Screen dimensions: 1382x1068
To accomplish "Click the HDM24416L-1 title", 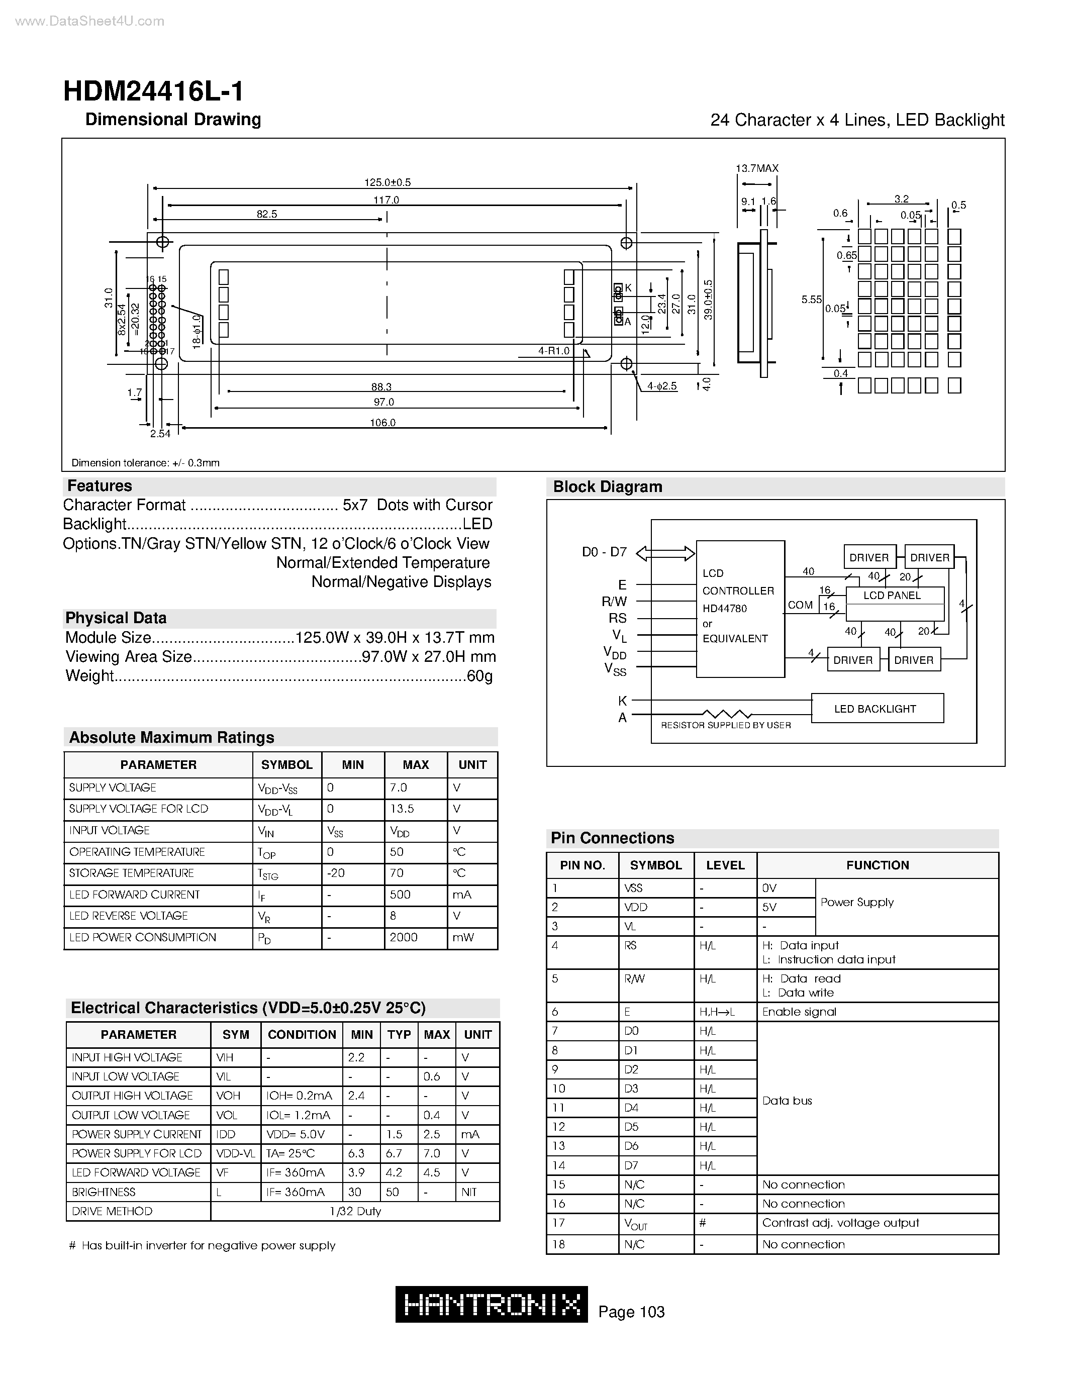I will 153,92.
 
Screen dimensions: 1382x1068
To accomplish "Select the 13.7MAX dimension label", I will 757,168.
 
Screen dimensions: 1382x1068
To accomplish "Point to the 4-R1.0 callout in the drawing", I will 554,351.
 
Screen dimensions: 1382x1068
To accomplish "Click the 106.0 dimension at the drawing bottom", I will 383,423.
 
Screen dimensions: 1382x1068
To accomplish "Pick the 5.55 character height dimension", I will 811,300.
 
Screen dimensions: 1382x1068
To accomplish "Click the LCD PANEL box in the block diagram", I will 892,596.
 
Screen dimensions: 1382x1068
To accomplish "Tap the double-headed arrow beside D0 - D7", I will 665,554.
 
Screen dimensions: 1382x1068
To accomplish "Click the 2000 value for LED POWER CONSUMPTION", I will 403,937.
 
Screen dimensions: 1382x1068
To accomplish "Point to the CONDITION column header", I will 302,1035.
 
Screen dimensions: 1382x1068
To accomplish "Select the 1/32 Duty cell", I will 355,1211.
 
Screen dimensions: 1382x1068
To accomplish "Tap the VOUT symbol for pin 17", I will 636,1224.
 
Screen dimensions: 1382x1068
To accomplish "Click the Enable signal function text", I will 799,1012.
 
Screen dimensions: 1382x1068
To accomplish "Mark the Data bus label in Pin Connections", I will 787,1101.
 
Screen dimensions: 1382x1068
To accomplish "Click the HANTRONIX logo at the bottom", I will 492,1304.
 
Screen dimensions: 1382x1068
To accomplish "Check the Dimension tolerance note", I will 146,462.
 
